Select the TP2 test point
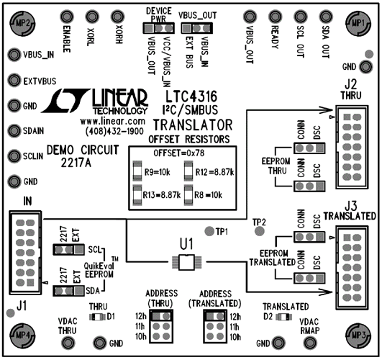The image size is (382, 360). [258, 230]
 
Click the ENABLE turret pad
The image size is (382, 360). [67, 15]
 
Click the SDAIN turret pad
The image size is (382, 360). [13, 131]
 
